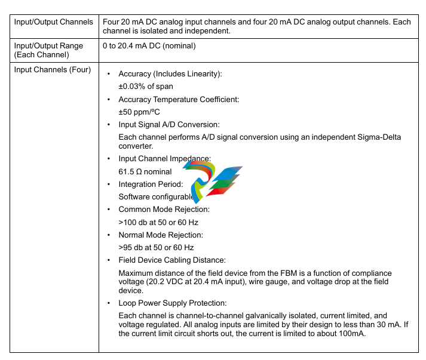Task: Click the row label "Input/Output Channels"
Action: pyautogui.click(x=53, y=22)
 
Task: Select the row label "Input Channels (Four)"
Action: pyautogui.click(x=52, y=70)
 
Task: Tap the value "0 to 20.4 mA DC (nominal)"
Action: pyautogui.click(x=149, y=46)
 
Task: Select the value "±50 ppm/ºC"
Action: pyautogui.click(x=139, y=112)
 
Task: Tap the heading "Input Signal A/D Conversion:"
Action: pyautogui.click(x=169, y=125)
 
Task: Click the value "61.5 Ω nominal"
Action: pyautogui.click(x=145, y=171)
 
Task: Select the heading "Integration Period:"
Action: pyautogui.click(x=151, y=184)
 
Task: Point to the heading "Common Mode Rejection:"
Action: pyautogui.click(x=164, y=210)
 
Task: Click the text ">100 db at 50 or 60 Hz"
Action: pyautogui.click(x=158, y=222)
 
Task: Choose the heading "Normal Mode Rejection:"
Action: pyautogui.click(x=161, y=235)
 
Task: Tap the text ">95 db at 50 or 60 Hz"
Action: pyautogui.click(x=156, y=247)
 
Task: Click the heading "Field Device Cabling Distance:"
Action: pyautogui.click(x=172, y=260)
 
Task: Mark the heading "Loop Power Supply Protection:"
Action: pyautogui.click(x=173, y=303)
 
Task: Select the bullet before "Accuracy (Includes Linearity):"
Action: pyautogui.click(x=108, y=74)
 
